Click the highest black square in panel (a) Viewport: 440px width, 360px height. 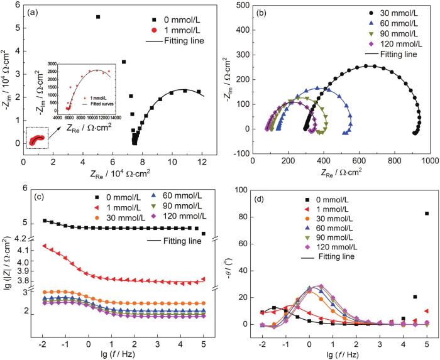click(98, 17)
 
